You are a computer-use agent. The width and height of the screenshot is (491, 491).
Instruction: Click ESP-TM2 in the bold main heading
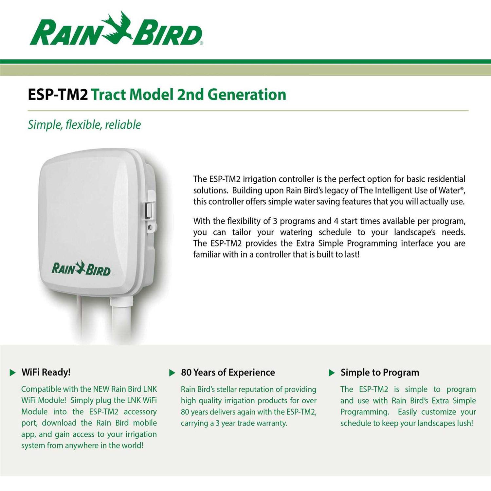[58, 95]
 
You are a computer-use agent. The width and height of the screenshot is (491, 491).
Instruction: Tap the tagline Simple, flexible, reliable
[84, 125]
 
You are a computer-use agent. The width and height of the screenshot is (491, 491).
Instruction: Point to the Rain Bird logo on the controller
[81, 268]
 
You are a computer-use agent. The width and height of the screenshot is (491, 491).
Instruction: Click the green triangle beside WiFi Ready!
[13, 373]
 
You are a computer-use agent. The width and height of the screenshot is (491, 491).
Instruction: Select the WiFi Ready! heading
[46, 372]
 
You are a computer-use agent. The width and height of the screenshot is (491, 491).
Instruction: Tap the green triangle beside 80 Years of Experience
[172, 373]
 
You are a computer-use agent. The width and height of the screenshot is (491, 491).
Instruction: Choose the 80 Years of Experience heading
[228, 373]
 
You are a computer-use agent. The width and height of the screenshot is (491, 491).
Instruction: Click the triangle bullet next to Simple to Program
[332, 373]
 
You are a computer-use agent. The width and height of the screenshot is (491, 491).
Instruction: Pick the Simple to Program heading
[380, 373]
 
